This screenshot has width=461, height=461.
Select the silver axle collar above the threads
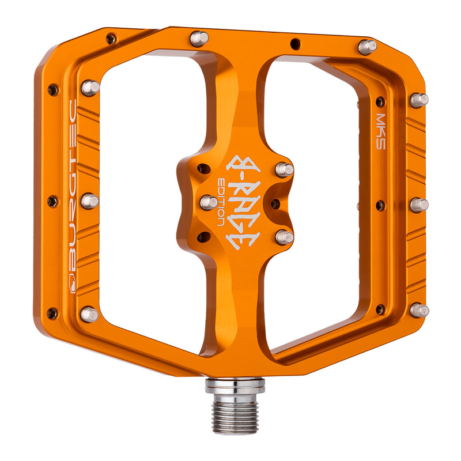235,386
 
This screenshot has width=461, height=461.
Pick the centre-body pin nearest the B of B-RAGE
284,169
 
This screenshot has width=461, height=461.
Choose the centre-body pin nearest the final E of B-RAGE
284,237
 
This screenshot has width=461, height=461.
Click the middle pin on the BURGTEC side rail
89,201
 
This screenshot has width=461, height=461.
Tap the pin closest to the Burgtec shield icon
89,314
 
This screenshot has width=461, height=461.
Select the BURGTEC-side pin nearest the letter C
90,88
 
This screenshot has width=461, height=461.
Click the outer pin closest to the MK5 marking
419,100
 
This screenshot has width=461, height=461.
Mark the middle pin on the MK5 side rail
419,205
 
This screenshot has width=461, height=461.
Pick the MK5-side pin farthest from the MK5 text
419,310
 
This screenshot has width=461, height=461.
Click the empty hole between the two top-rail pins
294,42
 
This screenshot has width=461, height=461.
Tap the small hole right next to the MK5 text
380,102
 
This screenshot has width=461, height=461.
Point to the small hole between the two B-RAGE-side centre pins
275,203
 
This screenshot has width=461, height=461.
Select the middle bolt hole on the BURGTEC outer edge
52,201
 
